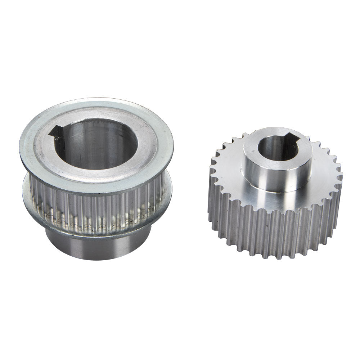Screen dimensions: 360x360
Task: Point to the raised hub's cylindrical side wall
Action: click(x=274, y=176)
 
